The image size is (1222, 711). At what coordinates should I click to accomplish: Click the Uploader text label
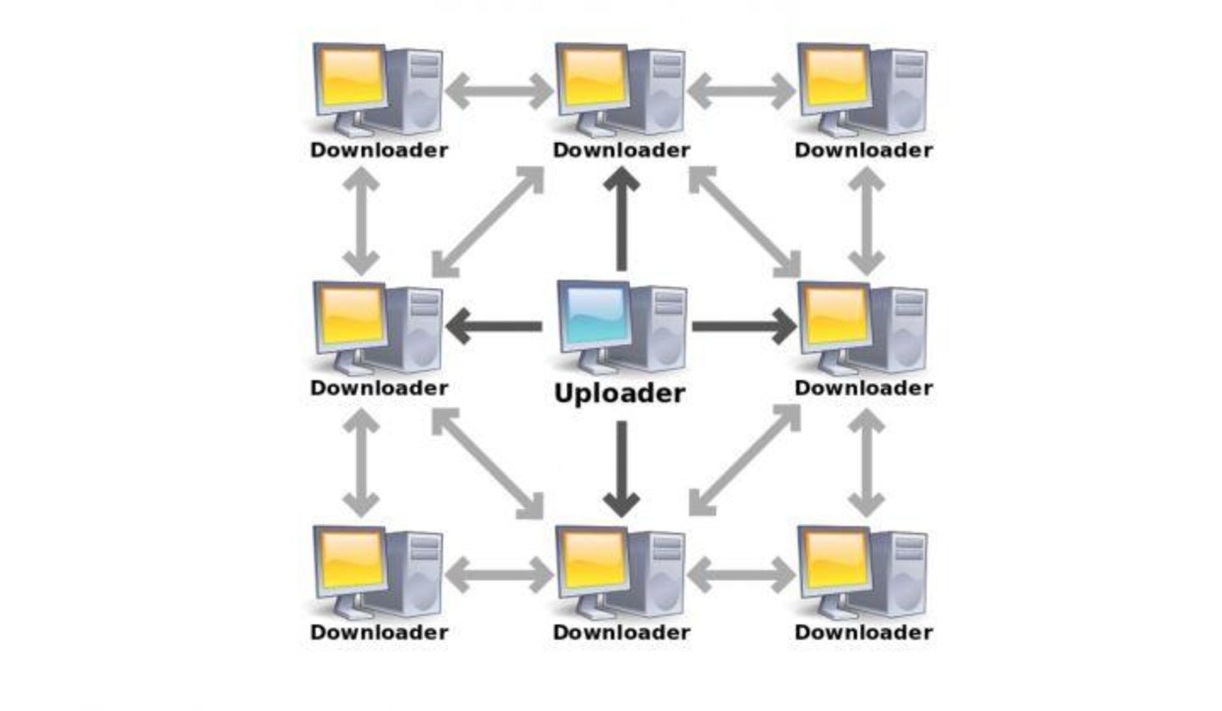[x=619, y=393]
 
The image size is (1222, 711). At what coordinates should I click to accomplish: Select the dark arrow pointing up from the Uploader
[x=622, y=219]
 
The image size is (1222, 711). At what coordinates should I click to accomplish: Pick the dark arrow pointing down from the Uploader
[x=622, y=469]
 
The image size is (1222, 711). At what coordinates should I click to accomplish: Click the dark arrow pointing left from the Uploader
[x=494, y=327]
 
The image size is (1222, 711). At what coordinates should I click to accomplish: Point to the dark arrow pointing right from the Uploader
[x=744, y=327]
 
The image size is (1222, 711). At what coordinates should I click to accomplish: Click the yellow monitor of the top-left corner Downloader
[x=351, y=79]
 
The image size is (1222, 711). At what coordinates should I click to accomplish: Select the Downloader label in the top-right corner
[x=864, y=150]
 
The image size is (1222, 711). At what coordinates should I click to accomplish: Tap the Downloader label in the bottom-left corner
[x=379, y=632]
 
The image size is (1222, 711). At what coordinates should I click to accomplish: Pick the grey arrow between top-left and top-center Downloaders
[x=499, y=91]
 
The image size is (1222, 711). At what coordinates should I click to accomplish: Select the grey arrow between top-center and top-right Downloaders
[x=741, y=91]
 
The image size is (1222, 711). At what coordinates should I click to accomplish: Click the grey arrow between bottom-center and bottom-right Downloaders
[x=741, y=575]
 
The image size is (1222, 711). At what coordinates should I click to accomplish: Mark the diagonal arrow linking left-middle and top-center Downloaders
[x=488, y=222]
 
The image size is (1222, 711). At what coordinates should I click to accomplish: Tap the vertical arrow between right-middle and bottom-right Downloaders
[x=866, y=463]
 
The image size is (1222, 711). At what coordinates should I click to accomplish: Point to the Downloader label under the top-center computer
[x=621, y=150]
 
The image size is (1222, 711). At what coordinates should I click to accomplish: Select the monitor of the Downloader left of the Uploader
[x=351, y=318]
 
